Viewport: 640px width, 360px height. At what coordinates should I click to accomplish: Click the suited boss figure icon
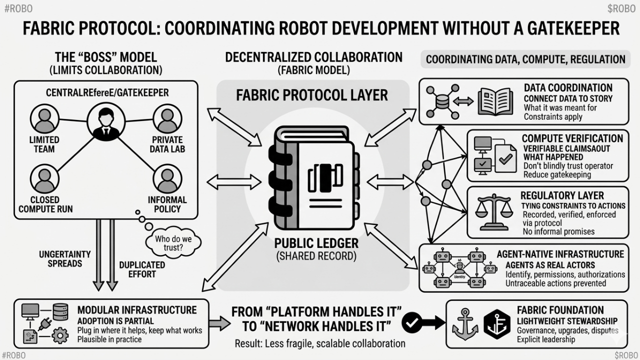pyautogui.click(x=106, y=121)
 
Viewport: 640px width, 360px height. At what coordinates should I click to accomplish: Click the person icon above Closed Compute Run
pyautogui.click(x=44, y=179)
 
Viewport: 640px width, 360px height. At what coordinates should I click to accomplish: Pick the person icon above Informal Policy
pyautogui.click(x=167, y=179)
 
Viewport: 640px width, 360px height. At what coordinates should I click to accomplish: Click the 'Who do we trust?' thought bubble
pyautogui.click(x=173, y=243)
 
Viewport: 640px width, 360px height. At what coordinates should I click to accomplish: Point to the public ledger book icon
pyautogui.click(x=313, y=177)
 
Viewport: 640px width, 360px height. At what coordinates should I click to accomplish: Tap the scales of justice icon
pyautogui.click(x=494, y=212)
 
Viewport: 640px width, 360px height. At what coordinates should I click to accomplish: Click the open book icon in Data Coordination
pyautogui.click(x=495, y=101)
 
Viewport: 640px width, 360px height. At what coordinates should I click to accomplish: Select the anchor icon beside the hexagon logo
pyautogui.click(x=465, y=324)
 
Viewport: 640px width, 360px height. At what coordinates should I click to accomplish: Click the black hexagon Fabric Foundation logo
pyautogui.click(x=497, y=324)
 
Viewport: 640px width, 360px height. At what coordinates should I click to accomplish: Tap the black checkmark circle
pyautogui.click(x=411, y=323)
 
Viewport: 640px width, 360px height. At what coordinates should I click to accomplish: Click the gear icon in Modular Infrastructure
pyautogui.click(x=60, y=335)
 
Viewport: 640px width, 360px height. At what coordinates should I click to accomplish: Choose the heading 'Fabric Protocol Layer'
pyautogui.click(x=312, y=95)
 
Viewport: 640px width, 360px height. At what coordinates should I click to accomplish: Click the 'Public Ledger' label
pyautogui.click(x=316, y=243)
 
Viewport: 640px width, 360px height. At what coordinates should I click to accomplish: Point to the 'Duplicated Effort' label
pyautogui.click(x=142, y=269)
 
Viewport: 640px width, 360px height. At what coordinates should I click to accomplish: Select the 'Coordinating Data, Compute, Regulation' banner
pyautogui.click(x=525, y=59)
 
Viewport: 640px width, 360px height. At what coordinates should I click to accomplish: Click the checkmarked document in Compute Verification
pyautogui.click(x=505, y=158)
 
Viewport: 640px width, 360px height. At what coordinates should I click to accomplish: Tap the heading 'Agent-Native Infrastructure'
pyautogui.click(x=560, y=254)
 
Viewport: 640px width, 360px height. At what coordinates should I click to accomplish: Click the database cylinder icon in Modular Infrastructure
pyautogui.click(x=60, y=311)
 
